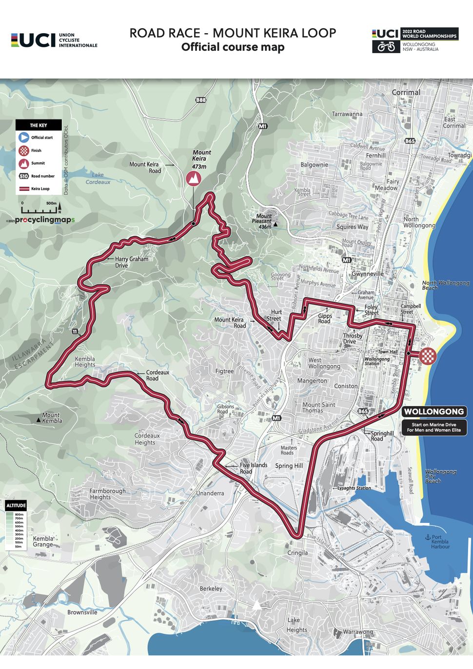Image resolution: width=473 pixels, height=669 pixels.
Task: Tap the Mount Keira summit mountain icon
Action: (x=194, y=179)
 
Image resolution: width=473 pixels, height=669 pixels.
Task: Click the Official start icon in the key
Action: (x=24, y=138)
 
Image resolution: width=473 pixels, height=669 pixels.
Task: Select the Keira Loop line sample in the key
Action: (x=24, y=189)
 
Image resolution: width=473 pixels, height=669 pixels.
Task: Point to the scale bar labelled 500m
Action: (x=40, y=210)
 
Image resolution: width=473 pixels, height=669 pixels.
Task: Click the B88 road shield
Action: (x=200, y=100)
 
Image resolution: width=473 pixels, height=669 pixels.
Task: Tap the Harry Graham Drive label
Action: (x=131, y=262)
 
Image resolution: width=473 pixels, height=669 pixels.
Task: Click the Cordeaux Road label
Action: (x=158, y=375)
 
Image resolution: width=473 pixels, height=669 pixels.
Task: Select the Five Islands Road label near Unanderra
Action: (x=253, y=468)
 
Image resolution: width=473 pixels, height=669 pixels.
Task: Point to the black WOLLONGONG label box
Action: (x=434, y=411)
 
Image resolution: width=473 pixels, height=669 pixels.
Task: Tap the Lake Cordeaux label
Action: (x=98, y=178)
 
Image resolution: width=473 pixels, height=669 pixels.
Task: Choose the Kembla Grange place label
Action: (x=43, y=541)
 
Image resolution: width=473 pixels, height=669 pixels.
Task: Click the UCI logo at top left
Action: (x=33, y=41)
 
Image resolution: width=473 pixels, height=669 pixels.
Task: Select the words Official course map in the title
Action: (x=233, y=47)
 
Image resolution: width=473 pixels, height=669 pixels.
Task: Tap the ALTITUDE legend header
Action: (x=16, y=505)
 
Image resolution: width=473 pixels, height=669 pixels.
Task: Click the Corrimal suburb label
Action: (x=406, y=92)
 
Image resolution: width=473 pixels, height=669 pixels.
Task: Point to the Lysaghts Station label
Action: (x=354, y=488)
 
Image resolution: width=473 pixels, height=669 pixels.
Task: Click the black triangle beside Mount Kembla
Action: (x=38, y=420)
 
